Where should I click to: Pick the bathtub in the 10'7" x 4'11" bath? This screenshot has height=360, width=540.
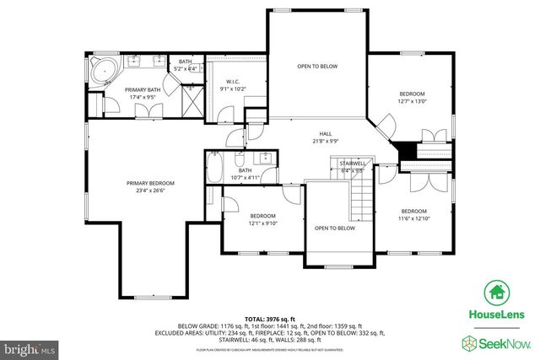coord(214,169)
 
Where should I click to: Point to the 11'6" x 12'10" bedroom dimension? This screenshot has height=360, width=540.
coord(413,219)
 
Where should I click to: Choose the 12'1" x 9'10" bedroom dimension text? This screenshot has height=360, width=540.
coord(263,223)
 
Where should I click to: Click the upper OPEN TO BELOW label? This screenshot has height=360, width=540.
coord(316,66)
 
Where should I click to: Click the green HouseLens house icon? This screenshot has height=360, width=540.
coord(496,293)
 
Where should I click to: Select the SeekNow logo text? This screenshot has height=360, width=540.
coord(503,342)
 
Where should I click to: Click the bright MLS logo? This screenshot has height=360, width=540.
coord(30,347)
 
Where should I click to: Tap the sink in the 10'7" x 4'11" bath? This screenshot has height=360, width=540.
coord(266,157)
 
